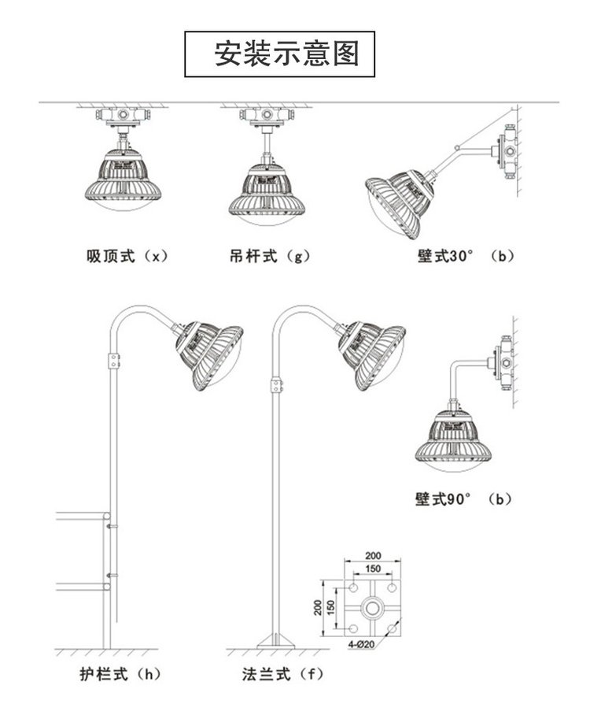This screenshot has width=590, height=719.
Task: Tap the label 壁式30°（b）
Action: point(465,256)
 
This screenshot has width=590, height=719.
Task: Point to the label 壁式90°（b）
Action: point(464,498)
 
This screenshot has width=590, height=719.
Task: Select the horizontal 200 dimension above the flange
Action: point(373,555)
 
